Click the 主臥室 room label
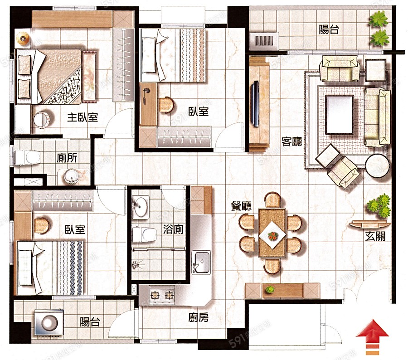pos(83,117)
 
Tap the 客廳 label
pos(291,141)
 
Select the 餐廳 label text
pos(241,206)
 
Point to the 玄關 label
pos(375,236)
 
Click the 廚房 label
pos(198,317)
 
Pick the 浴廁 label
pos(173,229)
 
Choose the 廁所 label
pos(67,158)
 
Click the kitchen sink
pos(201,262)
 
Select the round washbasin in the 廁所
pos(71,176)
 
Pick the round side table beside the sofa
pos(377,166)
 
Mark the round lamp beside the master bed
pos(22,39)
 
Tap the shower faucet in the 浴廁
pos(136,264)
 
